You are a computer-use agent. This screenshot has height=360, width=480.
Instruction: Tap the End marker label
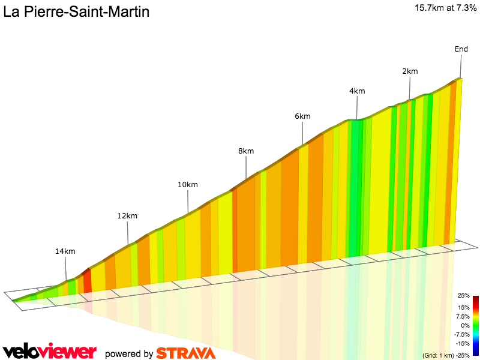pyautogui.click(x=461, y=49)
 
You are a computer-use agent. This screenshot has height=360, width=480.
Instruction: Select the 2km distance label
pyautogui.click(x=410, y=71)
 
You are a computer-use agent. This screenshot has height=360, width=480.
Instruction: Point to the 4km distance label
pyautogui.click(x=357, y=91)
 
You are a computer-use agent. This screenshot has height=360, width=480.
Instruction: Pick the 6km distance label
pyautogui.click(x=302, y=116)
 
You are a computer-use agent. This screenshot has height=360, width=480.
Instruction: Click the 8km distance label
pyautogui.click(x=246, y=151)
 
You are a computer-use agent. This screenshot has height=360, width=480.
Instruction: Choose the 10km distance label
pyautogui.click(x=188, y=185)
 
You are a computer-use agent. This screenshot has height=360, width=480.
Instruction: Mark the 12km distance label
pyautogui.click(x=127, y=216)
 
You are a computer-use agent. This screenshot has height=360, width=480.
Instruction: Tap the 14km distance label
pyautogui.click(x=65, y=251)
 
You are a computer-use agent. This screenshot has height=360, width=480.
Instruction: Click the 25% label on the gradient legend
pyautogui.click(x=463, y=296)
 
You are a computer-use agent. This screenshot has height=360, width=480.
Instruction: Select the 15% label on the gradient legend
pyautogui.click(x=463, y=307)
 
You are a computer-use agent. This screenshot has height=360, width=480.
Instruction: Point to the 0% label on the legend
pyautogui.click(x=464, y=325)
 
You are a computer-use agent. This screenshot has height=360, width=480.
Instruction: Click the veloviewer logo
pyautogui.click(x=49, y=352)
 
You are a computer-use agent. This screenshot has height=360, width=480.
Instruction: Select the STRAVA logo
pyautogui.click(x=185, y=353)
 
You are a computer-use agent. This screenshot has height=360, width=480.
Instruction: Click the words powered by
pyautogui.click(x=129, y=354)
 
